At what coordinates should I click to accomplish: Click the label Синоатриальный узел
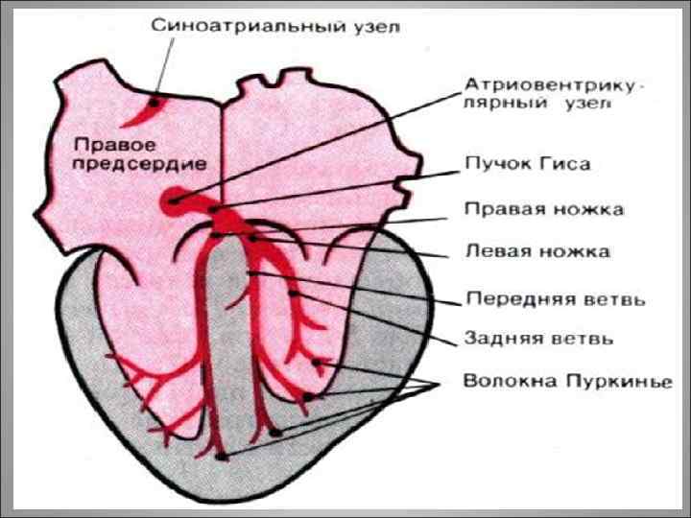(275, 26)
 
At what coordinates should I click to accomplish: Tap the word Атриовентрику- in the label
(554, 84)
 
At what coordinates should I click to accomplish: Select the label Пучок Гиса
(527, 164)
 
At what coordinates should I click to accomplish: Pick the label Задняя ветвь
(539, 338)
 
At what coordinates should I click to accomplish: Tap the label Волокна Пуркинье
(566, 381)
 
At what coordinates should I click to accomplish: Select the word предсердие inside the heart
(139, 164)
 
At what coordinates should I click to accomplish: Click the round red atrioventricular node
(174, 200)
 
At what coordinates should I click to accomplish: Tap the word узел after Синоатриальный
(377, 26)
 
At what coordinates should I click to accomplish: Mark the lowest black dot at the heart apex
(222, 456)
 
